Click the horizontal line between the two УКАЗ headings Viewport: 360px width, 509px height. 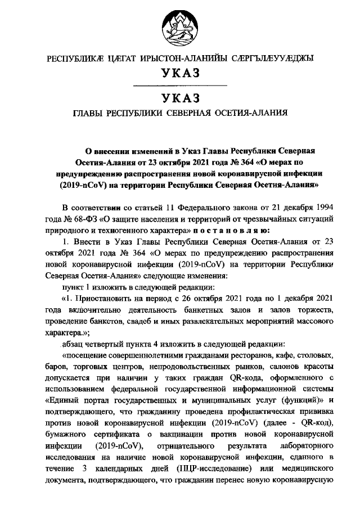click(179, 85)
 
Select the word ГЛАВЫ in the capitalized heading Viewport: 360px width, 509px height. click(91, 112)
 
